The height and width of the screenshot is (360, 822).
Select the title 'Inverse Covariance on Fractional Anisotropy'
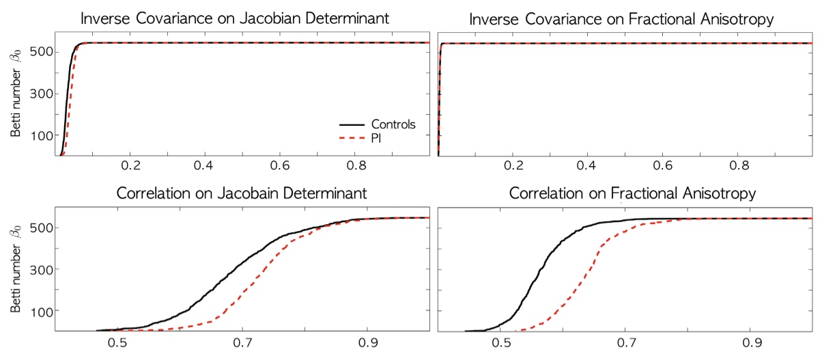621,18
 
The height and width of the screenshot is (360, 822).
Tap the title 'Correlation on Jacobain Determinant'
242,193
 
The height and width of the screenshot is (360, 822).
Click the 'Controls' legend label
393,125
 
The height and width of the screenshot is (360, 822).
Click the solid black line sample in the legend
352,126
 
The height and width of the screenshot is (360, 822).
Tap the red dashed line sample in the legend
352,139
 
